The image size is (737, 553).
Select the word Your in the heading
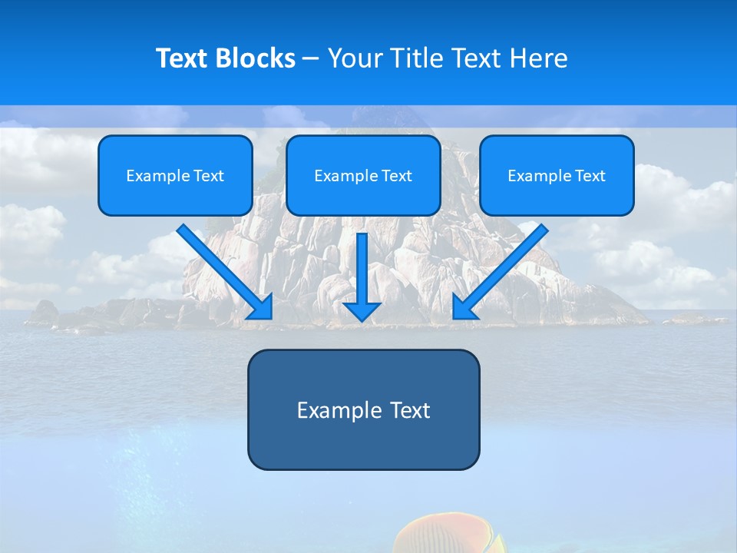355,58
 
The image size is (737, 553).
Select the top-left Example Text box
175,176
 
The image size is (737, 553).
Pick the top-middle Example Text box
363,176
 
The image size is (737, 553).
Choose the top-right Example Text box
557,176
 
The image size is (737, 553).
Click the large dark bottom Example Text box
363,409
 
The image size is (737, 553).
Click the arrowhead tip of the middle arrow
362,316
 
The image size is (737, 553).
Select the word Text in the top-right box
590,176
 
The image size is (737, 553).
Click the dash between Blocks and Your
311,58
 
